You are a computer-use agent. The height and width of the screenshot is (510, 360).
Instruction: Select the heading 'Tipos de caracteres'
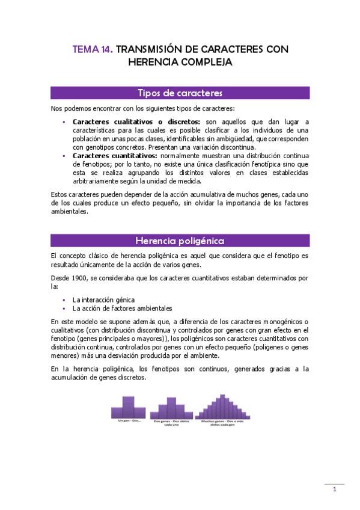coord(180,93)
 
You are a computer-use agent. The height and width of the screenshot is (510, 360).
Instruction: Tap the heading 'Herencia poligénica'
coord(180,241)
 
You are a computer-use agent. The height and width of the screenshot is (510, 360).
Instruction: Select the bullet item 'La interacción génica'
coord(103,299)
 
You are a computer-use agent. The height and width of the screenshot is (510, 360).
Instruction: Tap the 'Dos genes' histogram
coord(171,409)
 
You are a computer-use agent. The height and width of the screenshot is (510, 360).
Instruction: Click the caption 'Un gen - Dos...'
coord(126,420)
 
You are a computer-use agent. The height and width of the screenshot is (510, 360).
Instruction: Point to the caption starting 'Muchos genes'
coord(222,422)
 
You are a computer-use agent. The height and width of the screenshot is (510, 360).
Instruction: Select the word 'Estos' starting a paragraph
coord(59,195)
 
